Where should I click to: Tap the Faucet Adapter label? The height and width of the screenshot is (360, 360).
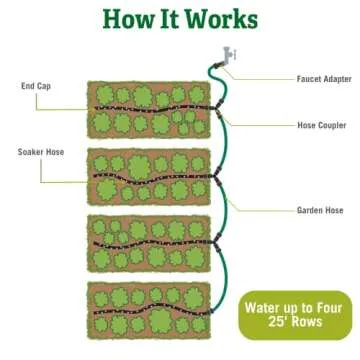pyautogui.click(x=321, y=78)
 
